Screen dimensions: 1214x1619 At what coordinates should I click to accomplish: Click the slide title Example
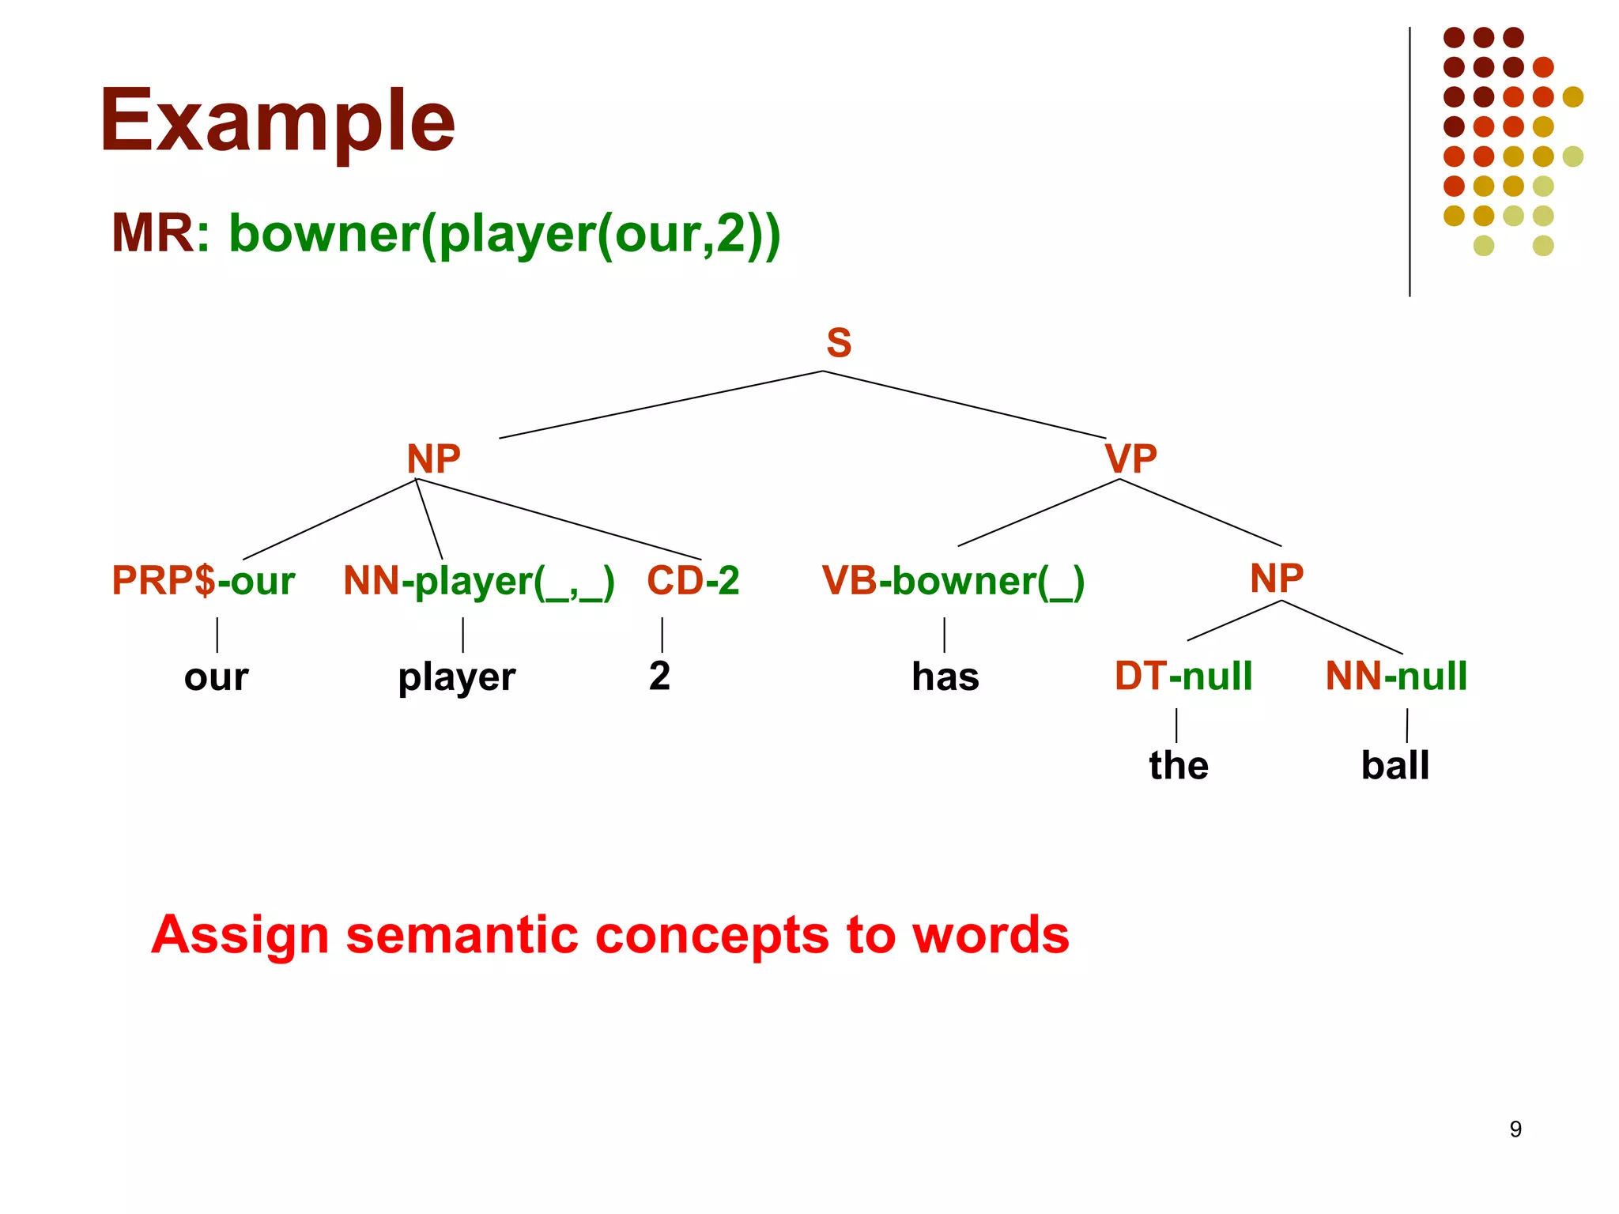[x=277, y=122]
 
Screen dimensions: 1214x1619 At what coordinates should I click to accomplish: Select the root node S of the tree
[x=839, y=343]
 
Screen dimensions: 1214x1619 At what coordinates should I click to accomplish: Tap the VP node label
[x=1130, y=458]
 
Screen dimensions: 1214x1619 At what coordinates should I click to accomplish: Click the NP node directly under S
[x=433, y=458]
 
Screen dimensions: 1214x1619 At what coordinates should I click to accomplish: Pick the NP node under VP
[x=1276, y=578]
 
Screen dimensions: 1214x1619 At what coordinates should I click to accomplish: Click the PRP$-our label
[x=203, y=581]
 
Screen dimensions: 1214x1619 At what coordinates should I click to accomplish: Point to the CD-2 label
[x=693, y=581]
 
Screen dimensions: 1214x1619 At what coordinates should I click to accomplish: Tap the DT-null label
[x=1183, y=677]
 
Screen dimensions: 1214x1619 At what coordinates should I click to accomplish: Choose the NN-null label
[x=1396, y=677]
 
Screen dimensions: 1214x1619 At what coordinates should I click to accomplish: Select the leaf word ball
[x=1394, y=765]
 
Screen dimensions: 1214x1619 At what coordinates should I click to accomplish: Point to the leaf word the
[x=1178, y=765]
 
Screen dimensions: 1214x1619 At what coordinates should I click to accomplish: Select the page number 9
[x=1515, y=1129]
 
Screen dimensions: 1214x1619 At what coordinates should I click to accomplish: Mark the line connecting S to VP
[x=964, y=404]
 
